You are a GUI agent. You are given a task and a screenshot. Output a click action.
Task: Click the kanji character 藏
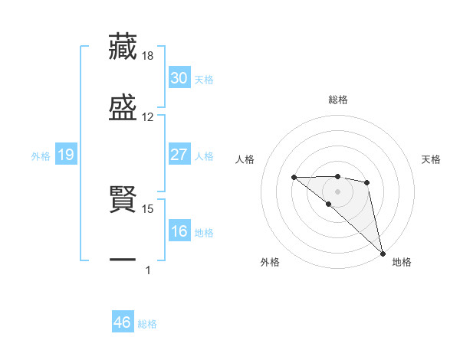[x=123, y=46]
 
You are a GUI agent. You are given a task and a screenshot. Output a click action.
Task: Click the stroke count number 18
[x=148, y=56]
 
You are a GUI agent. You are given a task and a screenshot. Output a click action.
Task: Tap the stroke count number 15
[x=148, y=208]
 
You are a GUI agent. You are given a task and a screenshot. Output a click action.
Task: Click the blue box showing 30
[x=179, y=78]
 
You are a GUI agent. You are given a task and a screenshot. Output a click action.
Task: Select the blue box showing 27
[x=179, y=155]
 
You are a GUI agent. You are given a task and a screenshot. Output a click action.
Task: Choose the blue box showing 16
[x=179, y=231]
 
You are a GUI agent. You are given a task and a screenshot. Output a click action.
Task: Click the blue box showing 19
[x=66, y=155]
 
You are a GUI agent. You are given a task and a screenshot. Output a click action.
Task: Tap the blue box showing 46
[x=122, y=322]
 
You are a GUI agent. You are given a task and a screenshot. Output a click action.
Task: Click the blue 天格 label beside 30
[x=204, y=80]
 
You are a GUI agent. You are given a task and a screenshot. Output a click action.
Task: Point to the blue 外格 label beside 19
[x=41, y=156]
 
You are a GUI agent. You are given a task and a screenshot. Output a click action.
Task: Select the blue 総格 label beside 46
[x=147, y=324]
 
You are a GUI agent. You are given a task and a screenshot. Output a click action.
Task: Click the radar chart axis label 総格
[x=337, y=100]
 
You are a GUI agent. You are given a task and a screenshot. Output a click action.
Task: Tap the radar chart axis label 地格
[x=402, y=262]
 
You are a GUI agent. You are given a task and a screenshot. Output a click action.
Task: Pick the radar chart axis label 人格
[x=245, y=159]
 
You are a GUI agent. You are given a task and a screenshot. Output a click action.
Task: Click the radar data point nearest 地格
[x=383, y=253]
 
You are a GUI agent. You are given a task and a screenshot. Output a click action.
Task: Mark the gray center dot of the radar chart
[x=337, y=191]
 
